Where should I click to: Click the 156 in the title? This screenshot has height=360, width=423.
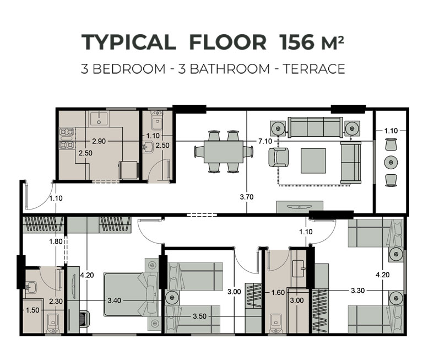pyautogui.click(x=297, y=42)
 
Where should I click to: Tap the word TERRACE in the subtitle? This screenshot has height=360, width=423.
pyautogui.click(x=314, y=69)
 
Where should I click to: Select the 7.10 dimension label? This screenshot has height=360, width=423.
pyautogui.click(x=265, y=141)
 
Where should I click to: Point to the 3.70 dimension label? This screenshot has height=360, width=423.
pyautogui.click(x=247, y=197)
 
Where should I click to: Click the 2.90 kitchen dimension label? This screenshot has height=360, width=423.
pyautogui.click(x=99, y=141)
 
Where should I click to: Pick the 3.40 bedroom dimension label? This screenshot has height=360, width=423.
pyautogui.click(x=114, y=300)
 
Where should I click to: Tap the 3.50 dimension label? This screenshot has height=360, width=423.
pyautogui.click(x=199, y=316)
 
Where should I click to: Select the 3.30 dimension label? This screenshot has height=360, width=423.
pyautogui.click(x=357, y=291)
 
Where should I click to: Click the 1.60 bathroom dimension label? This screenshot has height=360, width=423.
pyautogui.click(x=278, y=293)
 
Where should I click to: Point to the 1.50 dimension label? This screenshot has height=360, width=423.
pyautogui.click(x=32, y=310)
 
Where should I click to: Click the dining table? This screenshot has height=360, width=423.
pyautogui.click(x=224, y=152)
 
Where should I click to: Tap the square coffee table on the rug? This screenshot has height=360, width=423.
pyautogui.click(x=313, y=160)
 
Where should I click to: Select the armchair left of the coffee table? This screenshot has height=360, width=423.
pyautogui.click(x=278, y=157)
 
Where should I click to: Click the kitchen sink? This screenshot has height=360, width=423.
pyautogui.click(x=99, y=119)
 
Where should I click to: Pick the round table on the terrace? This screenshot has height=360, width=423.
pyautogui.click(x=391, y=162)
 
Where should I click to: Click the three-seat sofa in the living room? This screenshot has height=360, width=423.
pyautogui.click(x=315, y=127)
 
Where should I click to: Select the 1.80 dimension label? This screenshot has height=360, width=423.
pyautogui.click(x=56, y=241)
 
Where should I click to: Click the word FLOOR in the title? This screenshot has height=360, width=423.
pyautogui.click(x=227, y=42)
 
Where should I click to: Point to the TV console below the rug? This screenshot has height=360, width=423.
pyautogui.click(x=300, y=206)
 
